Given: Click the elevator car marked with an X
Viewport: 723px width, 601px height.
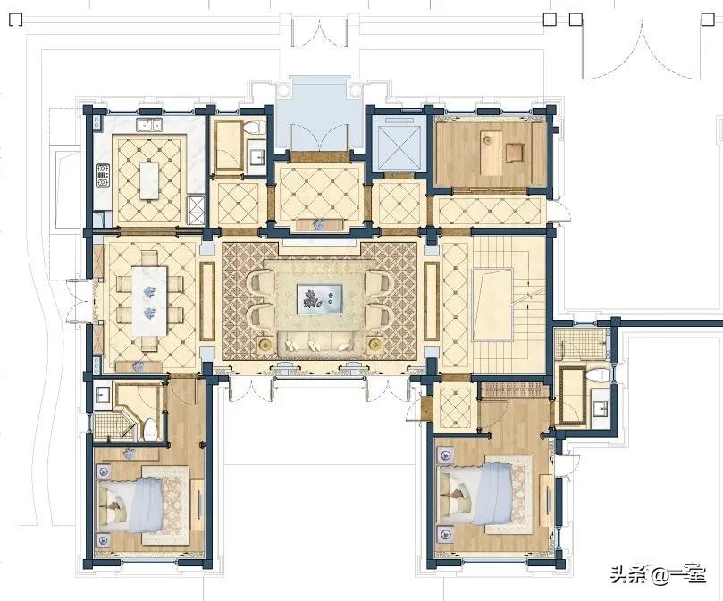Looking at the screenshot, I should [398, 143].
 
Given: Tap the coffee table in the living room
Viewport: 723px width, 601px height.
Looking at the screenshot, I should [321, 299].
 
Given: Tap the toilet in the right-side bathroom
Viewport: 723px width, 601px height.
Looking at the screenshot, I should [597, 375].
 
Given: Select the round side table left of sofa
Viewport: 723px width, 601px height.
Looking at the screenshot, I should [265, 343].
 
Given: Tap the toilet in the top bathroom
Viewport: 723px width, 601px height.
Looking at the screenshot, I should [256, 128].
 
